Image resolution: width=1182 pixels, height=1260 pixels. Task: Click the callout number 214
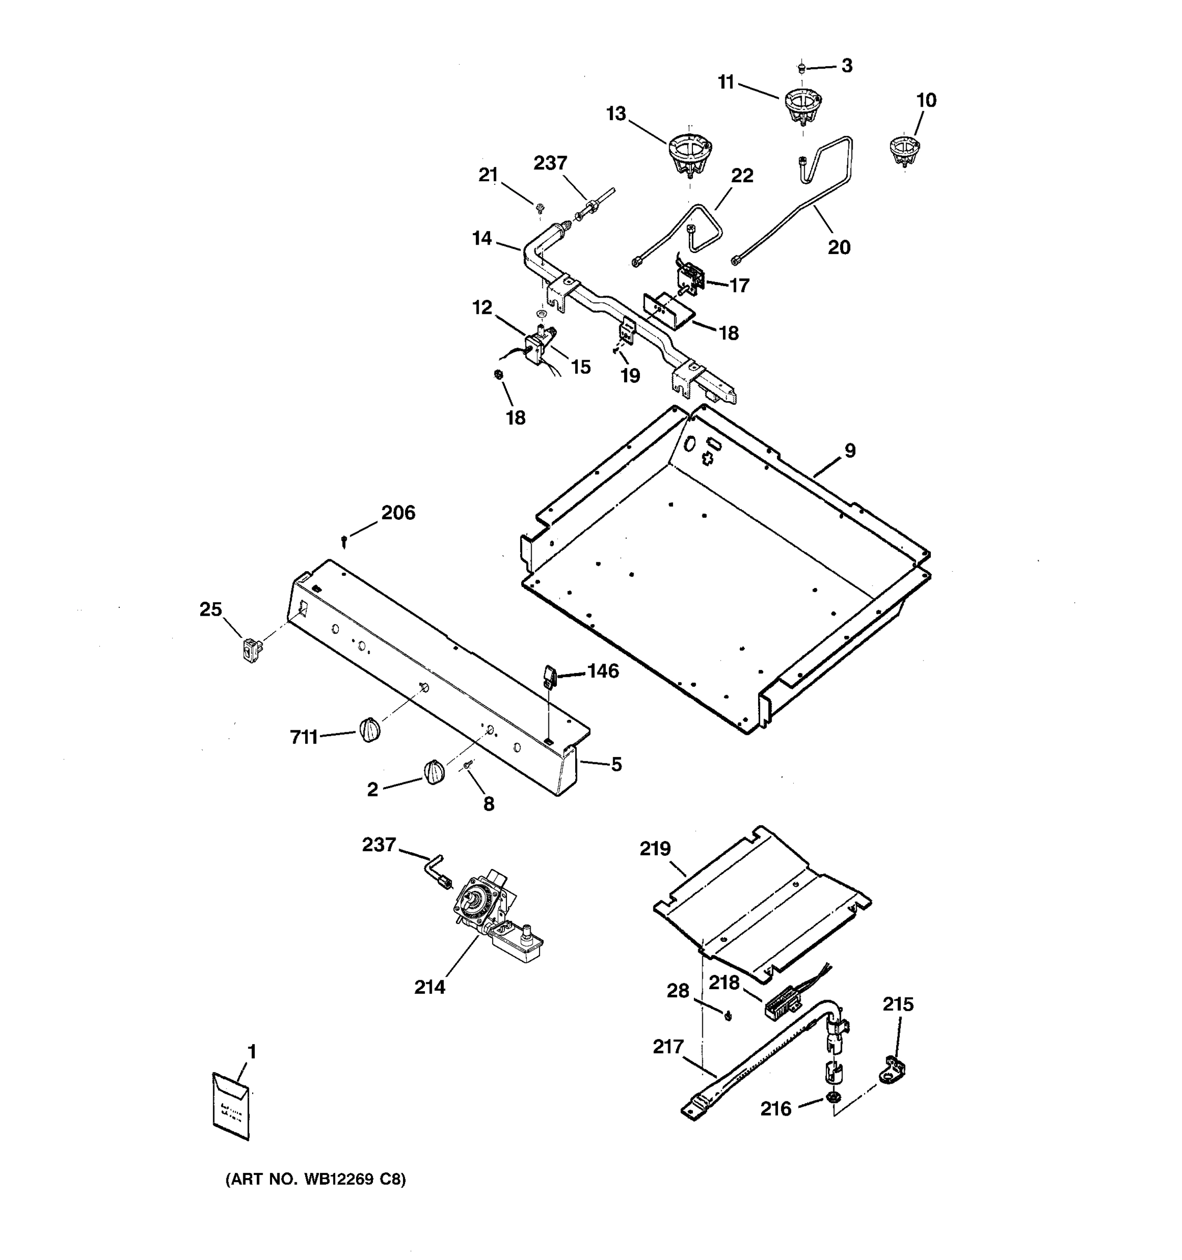[429, 987]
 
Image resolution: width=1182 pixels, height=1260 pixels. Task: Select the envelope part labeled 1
[231, 1106]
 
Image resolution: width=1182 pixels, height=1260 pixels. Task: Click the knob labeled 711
[370, 730]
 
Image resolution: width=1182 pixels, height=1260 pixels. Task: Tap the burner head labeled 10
[904, 150]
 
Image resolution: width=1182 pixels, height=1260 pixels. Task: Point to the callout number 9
[849, 450]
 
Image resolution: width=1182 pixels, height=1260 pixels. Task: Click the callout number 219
[655, 848]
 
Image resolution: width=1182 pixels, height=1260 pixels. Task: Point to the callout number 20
[838, 247]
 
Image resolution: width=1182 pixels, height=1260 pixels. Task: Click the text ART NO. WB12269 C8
[315, 1180]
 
